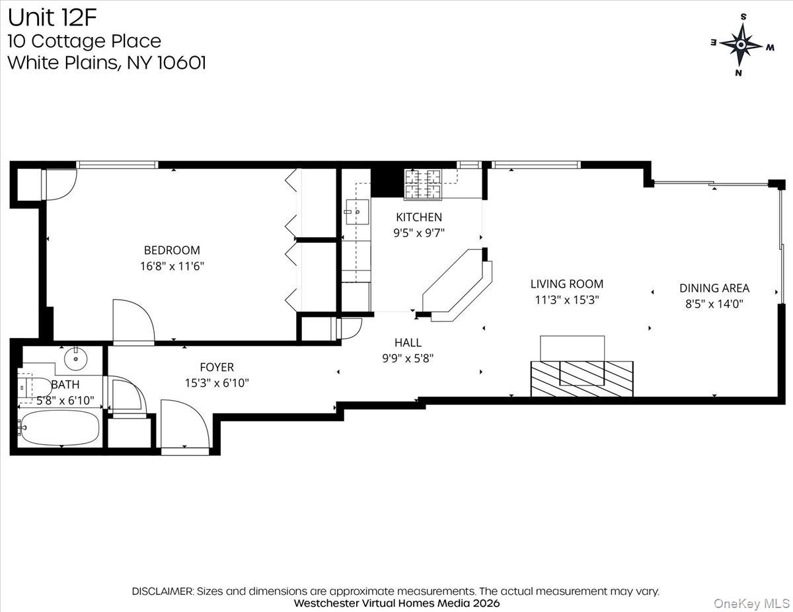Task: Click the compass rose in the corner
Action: point(741,45)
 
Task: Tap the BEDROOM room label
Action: point(172,250)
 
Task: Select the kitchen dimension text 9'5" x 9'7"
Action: point(419,232)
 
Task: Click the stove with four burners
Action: point(423,184)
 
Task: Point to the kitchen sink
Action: point(357,212)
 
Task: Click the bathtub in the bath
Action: point(60,428)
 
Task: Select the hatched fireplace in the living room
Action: point(582,378)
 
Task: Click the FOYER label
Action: point(217,367)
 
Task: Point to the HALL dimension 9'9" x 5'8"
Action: point(407,358)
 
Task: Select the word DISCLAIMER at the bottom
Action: point(163,591)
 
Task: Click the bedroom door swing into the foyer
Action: point(133,322)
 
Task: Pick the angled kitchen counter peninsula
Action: point(456,284)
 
